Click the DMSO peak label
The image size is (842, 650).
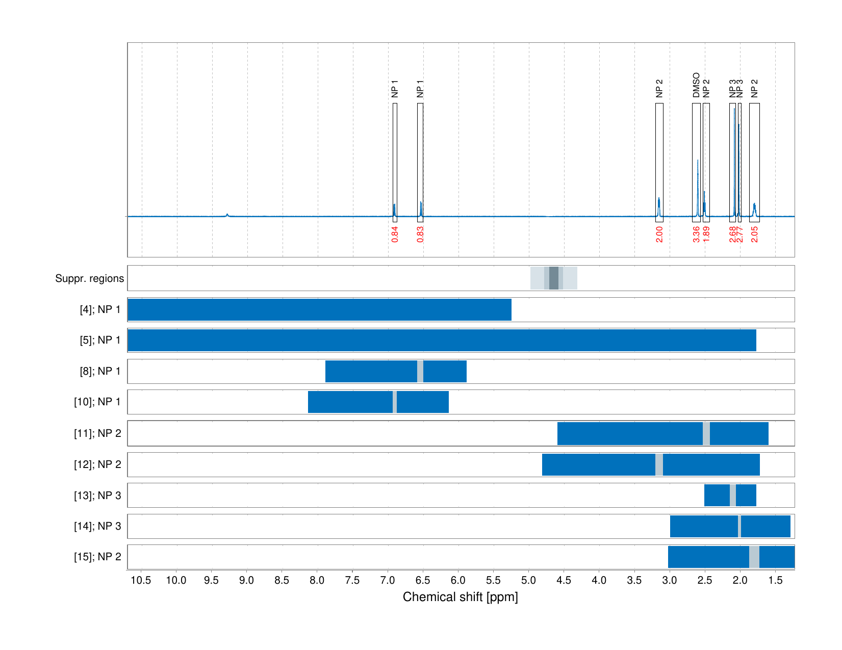[696, 85]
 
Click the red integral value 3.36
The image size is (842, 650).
[696, 234]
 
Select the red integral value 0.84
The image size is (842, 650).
[395, 234]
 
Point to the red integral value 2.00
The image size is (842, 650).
[659, 234]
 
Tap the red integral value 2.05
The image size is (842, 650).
[754, 234]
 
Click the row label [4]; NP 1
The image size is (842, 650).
[100, 309]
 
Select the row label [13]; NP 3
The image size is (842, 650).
[97, 496]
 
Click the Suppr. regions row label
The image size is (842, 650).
[89, 278]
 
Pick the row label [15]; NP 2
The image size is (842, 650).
[97, 557]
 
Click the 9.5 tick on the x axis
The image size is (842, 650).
[212, 580]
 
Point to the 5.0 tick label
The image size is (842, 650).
[529, 580]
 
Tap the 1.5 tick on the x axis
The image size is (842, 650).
[775, 580]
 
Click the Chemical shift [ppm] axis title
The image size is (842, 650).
[460, 597]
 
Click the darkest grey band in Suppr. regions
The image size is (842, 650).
[553, 278]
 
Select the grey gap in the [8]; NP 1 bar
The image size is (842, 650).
[420, 371]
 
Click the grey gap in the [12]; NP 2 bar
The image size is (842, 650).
[659, 464]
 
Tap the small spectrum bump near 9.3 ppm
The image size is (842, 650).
[227, 215]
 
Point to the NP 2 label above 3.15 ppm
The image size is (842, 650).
[659, 88]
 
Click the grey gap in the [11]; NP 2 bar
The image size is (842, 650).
[706, 433]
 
